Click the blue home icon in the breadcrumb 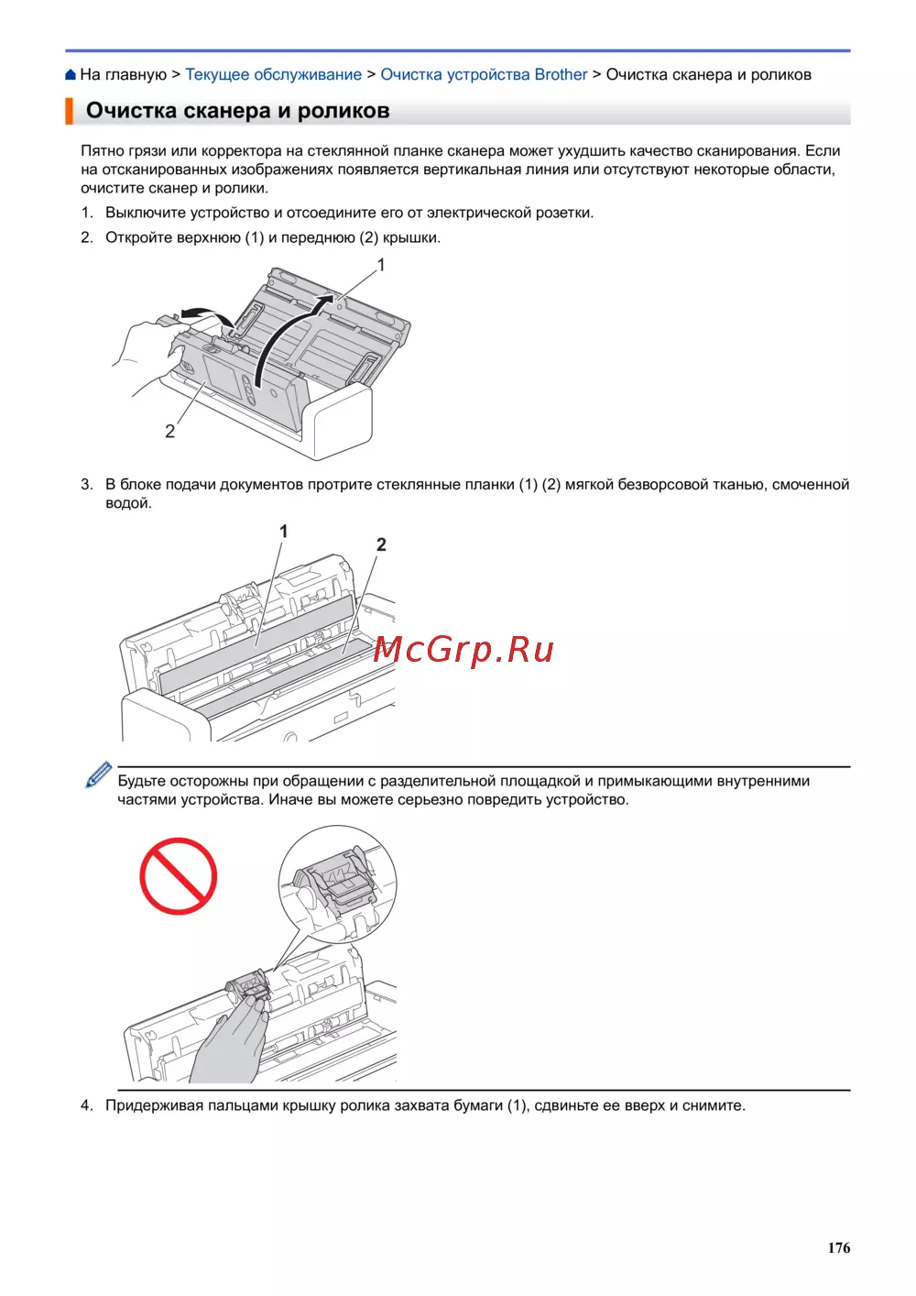[x=71, y=74]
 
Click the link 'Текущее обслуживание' [x=273, y=74]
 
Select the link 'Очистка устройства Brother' [x=484, y=74]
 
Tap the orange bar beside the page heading [x=69, y=111]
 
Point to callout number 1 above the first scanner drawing [x=381, y=265]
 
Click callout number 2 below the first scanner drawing [x=169, y=431]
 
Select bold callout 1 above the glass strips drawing [x=283, y=531]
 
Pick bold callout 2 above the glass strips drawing [x=381, y=544]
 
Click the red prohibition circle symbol [x=178, y=876]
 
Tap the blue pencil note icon [x=98, y=774]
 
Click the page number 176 [x=838, y=1247]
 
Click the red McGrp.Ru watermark [x=463, y=650]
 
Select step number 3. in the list [x=87, y=484]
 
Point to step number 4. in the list [x=87, y=1105]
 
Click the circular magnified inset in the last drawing [x=338, y=884]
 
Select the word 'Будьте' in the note [x=143, y=781]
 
